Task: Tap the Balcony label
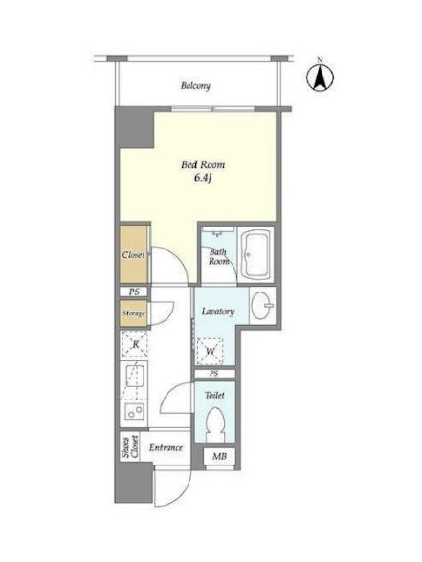pyautogui.click(x=195, y=86)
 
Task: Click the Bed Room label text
pyautogui.click(x=203, y=164)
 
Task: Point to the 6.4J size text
pyautogui.click(x=203, y=178)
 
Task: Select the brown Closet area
pyautogui.click(x=134, y=254)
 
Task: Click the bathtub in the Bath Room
pyautogui.click(x=255, y=254)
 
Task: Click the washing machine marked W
pyautogui.click(x=210, y=351)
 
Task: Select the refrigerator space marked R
pyautogui.click(x=135, y=344)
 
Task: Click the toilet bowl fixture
pyautogui.click(x=215, y=424)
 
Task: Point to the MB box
pyautogui.click(x=219, y=457)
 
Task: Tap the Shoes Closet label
pyautogui.click(x=129, y=446)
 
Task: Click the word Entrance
pyautogui.click(x=166, y=447)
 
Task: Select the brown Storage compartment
pyautogui.click(x=134, y=313)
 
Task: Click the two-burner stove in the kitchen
pyautogui.click(x=135, y=411)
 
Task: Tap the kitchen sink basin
pyautogui.click(x=135, y=376)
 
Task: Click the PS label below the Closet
pyautogui.click(x=134, y=292)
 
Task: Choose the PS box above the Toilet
pyautogui.click(x=214, y=374)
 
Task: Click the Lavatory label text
pyautogui.click(x=218, y=312)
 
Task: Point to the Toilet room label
pyautogui.click(x=214, y=395)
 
